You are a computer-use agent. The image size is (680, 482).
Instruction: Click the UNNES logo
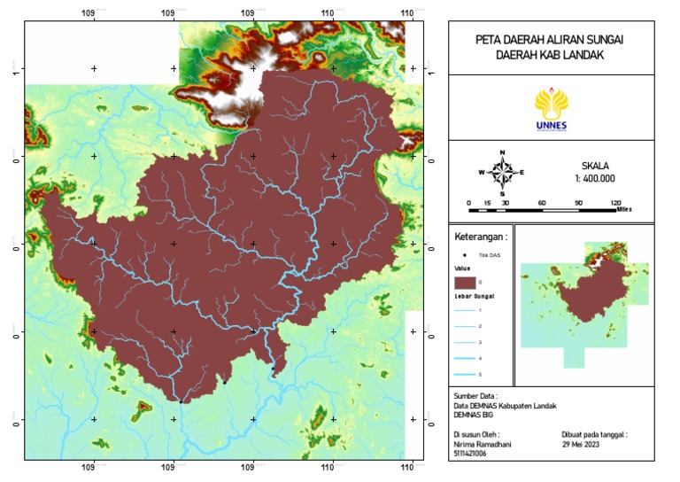click(x=552, y=109)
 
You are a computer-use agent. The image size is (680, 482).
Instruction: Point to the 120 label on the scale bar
click(x=614, y=204)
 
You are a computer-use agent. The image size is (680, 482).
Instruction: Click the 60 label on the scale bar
click(x=541, y=204)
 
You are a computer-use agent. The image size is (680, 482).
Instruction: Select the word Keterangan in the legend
click(x=481, y=237)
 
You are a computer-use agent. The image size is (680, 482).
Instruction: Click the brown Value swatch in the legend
click(x=463, y=281)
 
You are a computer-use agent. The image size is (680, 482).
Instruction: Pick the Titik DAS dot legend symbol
click(x=463, y=255)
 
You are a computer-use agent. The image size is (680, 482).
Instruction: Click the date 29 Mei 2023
click(x=588, y=444)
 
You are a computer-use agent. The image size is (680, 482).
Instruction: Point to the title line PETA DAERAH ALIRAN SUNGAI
click(x=551, y=40)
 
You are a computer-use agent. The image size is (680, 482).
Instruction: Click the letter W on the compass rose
click(x=482, y=172)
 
